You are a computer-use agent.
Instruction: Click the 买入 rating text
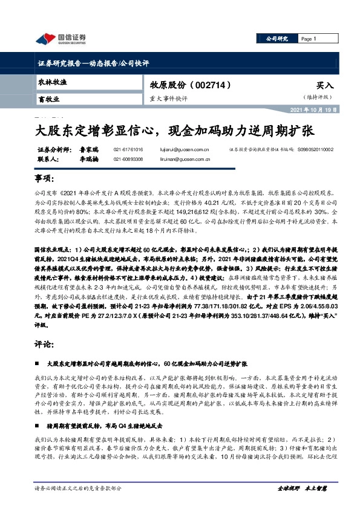pos(325,86)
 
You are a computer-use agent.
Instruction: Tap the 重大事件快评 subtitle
pos(169,97)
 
